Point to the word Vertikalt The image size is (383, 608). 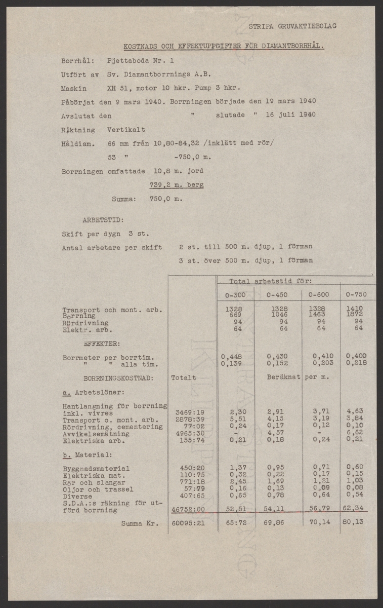point(126,130)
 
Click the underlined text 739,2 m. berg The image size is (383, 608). point(177,185)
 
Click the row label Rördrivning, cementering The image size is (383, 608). point(112,427)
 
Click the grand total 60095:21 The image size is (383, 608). point(188,523)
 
